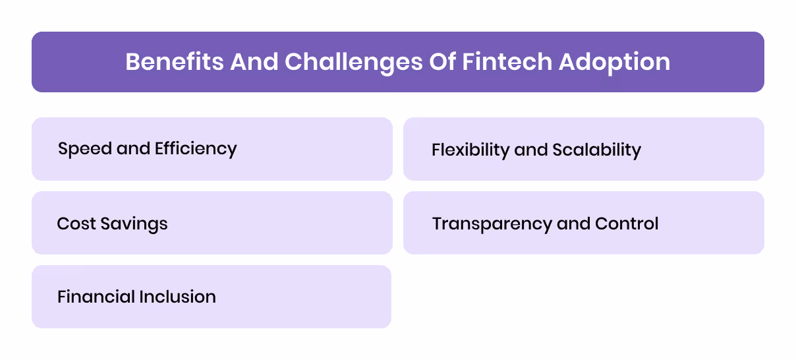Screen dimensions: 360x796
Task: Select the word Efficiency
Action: click(195, 149)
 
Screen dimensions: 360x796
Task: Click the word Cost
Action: click(73, 224)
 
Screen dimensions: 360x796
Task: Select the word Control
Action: click(627, 224)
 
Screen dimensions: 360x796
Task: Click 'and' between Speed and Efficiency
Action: click(134, 149)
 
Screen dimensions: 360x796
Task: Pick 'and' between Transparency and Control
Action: click(573, 224)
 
